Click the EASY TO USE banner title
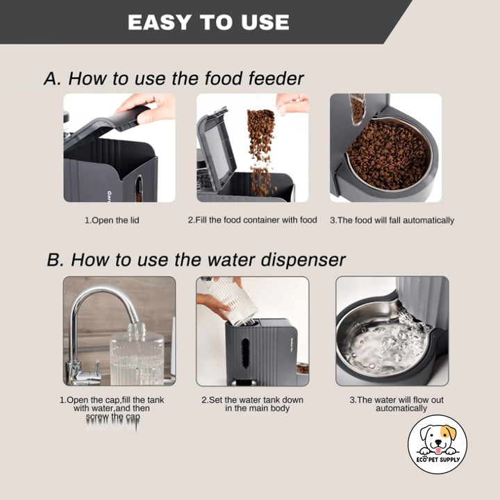(208, 22)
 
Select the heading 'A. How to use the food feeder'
(174, 78)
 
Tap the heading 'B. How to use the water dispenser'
(195, 260)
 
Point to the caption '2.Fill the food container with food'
(252, 220)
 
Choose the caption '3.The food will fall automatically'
(392, 220)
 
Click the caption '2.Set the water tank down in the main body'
(252, 404)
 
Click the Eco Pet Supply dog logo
(437, 444)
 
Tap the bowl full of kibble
(387, 155)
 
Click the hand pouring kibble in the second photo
(292, 103)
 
